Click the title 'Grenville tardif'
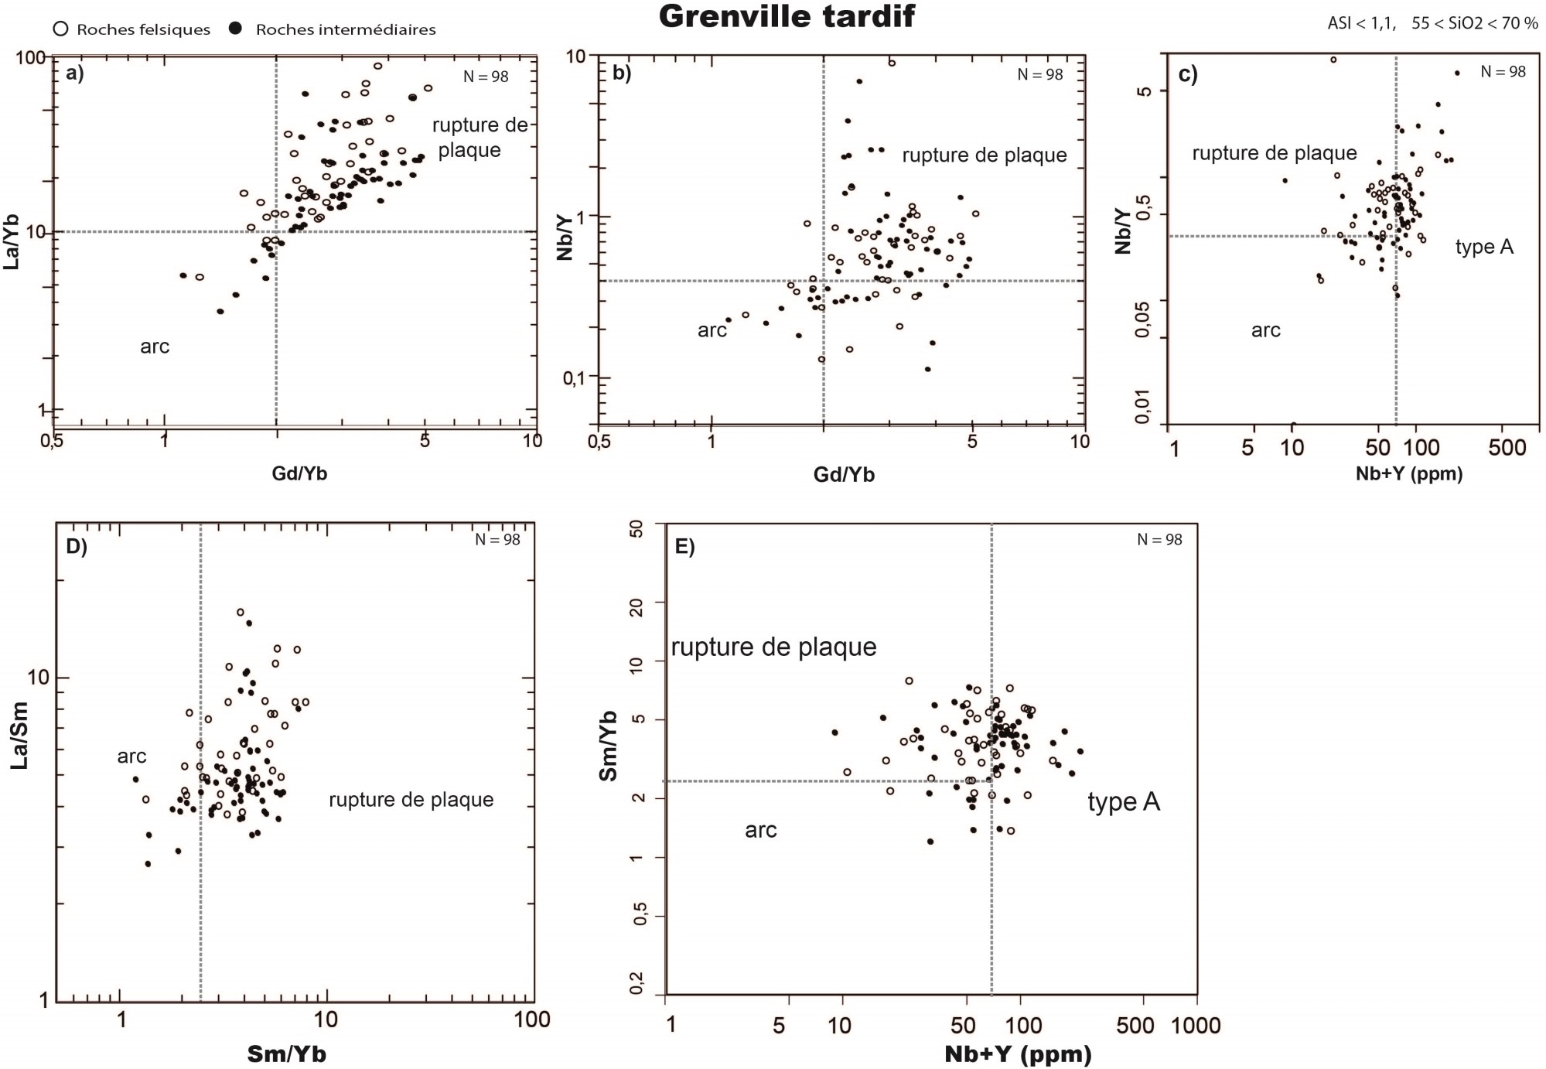tap(787, 16)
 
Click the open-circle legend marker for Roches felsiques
tap(61, 29)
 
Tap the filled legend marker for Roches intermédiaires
tap(237, 29)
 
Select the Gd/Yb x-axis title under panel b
tap(844, 474)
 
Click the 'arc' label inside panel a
tap(155, 347)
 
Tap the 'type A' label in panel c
tap(1484, 248)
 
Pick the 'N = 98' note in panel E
tap(1159, 540)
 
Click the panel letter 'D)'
tap(77, 546)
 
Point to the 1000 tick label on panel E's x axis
tap(1197, 1026)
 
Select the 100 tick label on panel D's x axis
tap(532, 1019)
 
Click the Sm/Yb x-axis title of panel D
tap(287, 1054)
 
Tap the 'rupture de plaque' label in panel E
tap(773, 647)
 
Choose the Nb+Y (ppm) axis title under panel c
tap(1409, 473)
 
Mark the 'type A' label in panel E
tap(1124, 802)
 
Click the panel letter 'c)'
tap(1188, 74)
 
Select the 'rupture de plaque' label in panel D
tap(411, 800)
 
